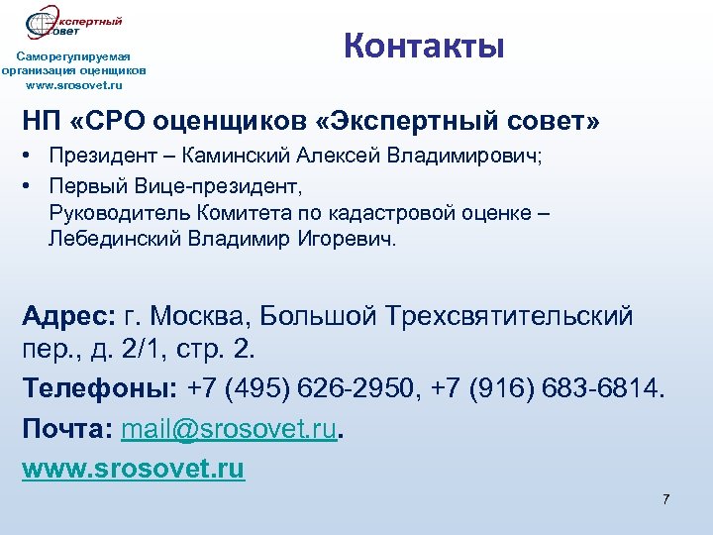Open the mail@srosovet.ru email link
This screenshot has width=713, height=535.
pyautogui.click(x=229, y=429)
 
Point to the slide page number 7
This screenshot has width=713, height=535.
pyautogui.click(x=665, y=498)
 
